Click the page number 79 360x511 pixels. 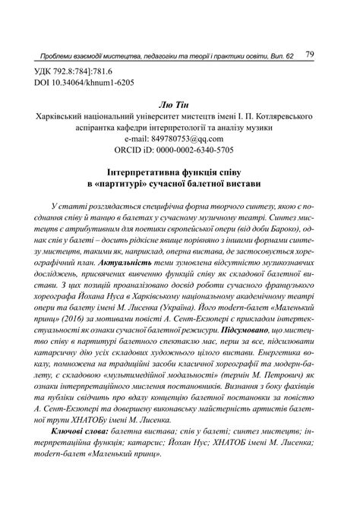click(311, 55)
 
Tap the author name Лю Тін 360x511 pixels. click(179, 107)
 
